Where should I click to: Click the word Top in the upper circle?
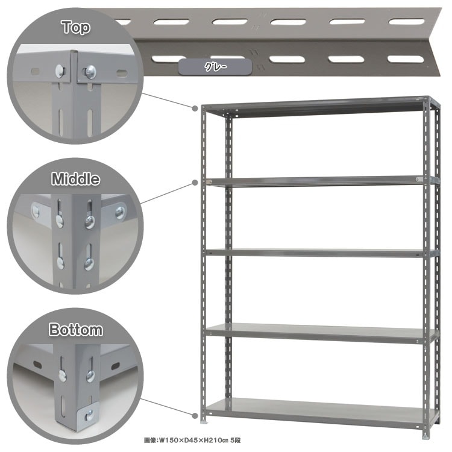[76, 27]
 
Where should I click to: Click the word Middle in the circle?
[75, 179]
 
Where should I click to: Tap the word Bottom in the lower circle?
[75, 330]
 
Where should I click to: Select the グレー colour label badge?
[215, 67]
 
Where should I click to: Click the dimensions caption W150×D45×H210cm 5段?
[192, 440]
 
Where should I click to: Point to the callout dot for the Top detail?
[195, 108]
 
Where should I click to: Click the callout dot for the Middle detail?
[195, 183]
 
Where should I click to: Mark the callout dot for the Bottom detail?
[195, 416]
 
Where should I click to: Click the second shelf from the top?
[321, 181]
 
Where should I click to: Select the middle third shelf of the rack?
[321, 253]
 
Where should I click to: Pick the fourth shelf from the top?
[321, 333]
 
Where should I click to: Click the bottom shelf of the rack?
[320, 412]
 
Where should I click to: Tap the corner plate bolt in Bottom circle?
[90, 415]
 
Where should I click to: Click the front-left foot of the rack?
[205, 421]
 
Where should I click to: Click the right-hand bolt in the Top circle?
[90, 72]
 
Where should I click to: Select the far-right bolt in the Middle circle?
[120, 213]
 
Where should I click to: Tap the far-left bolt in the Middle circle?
[36, 212]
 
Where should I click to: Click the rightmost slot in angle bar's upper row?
[406, 22]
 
